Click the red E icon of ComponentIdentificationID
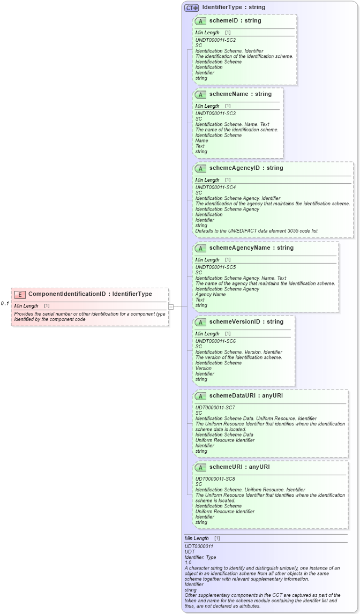(x=20, y=294)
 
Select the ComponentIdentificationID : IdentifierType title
(x=90, y=294)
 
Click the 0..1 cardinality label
(x=5, y=304)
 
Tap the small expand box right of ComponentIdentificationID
(x=171, y=306)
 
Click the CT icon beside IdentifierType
(x=191, y=8)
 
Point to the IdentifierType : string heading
(x=234, y=8)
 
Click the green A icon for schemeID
(x=200, y=21)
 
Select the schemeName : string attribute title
(x=241, y=94)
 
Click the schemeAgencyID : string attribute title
(x=246, y=168)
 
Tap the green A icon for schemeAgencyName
(x=200, y=248)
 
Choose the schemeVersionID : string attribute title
(x=246, y=322)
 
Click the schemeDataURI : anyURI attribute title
(x=246, y=396)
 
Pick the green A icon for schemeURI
(x=200, y=467)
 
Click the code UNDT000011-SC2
(x=215, y=40)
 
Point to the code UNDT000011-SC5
(x=215, y=267)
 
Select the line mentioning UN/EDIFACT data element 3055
(x=257, y=231)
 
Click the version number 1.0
(x=188, y=563)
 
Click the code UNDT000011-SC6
(x=215, y=341)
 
